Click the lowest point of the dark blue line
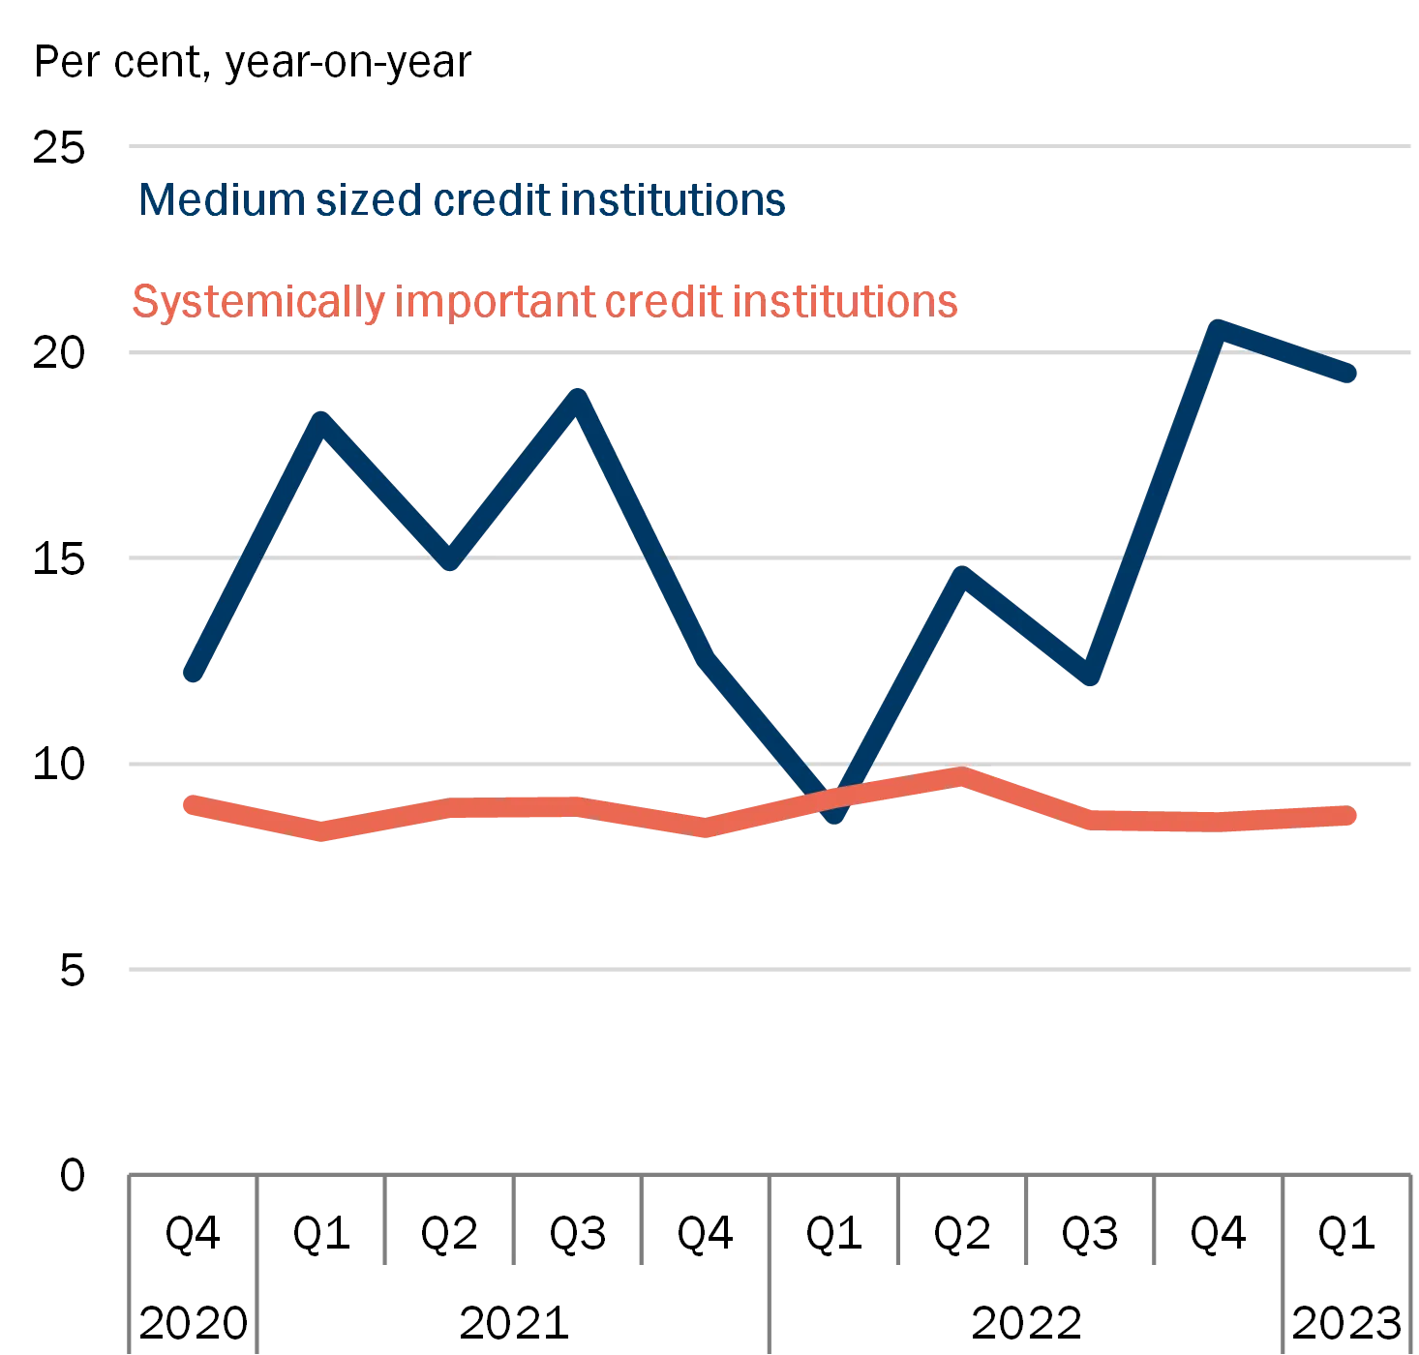pyautogui.click(x=833, y=813)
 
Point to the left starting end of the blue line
pyautogui.click(x=194, y=674)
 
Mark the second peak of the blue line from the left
pyautogui.click(x=578, y=397)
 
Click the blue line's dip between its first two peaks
pyautogui.click(x=449, y=559)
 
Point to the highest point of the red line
pyautogui.click(x=959, y=776)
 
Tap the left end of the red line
pyautogui.click(x=192, y=803)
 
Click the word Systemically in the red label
pyautogui.click(x=257, y=302)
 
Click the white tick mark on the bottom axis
pyautogui.click(x=389, y=1221)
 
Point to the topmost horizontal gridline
pyautogui.click(x=770, y=147)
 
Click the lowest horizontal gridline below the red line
pyautogui.click(x=770, y=968)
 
